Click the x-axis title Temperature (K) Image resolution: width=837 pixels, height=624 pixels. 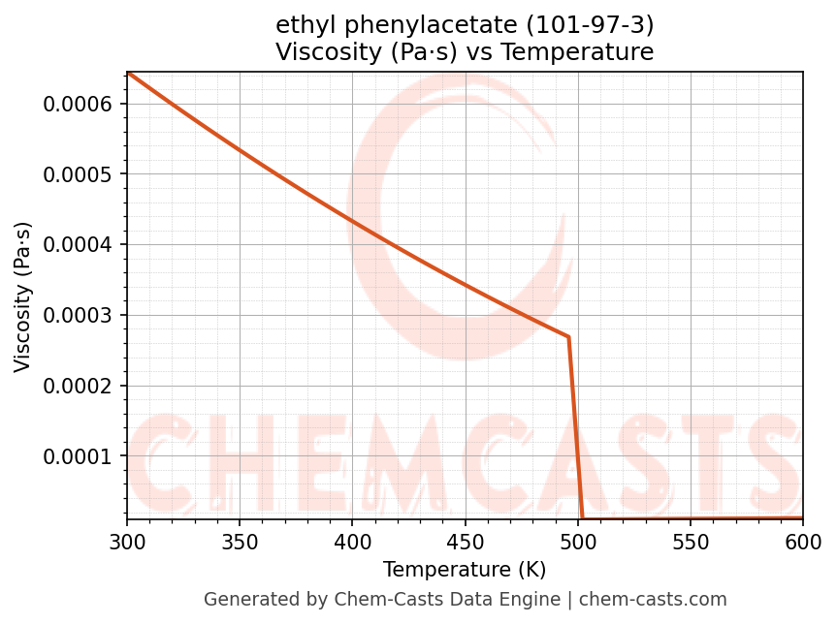coord(465,569)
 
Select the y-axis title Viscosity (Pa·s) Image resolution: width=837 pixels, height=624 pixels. coord(23,296)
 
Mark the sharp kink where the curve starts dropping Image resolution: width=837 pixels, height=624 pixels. coord(568,337)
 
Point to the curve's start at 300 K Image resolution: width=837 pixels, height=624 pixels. coord(127,73)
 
